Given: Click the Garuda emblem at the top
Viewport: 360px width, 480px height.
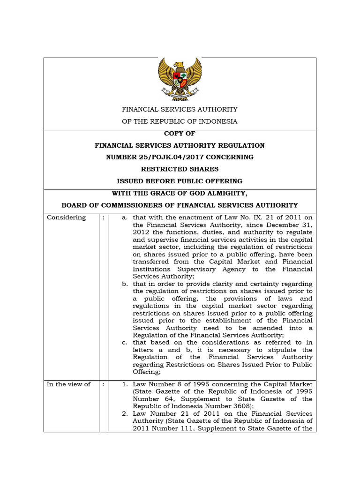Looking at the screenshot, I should [x=180, y=78].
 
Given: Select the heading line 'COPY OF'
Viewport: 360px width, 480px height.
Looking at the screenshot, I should [x=180, y=134].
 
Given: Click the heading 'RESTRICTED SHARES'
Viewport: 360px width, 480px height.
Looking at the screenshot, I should [x=180, y=169].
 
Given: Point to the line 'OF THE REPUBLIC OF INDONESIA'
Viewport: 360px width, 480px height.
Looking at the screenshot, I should [x=180, y=121].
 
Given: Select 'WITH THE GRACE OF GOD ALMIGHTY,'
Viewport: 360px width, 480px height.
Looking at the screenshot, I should [x=180, y=193].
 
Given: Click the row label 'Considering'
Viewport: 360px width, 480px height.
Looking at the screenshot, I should [x=66, y=217].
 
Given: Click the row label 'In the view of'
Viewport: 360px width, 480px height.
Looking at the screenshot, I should [x=68, y=384].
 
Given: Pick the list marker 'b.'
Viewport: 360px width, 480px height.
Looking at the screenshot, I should [x=125, y=284].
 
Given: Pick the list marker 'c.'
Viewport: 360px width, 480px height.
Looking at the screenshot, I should [x=125, y=343].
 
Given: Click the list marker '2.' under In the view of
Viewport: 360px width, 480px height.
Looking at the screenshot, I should [x=125, y=414].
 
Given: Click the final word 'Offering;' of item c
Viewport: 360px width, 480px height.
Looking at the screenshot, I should [x=147, y=372].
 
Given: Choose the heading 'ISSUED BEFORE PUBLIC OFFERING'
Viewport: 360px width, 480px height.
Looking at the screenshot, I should [x=180, y=181].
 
